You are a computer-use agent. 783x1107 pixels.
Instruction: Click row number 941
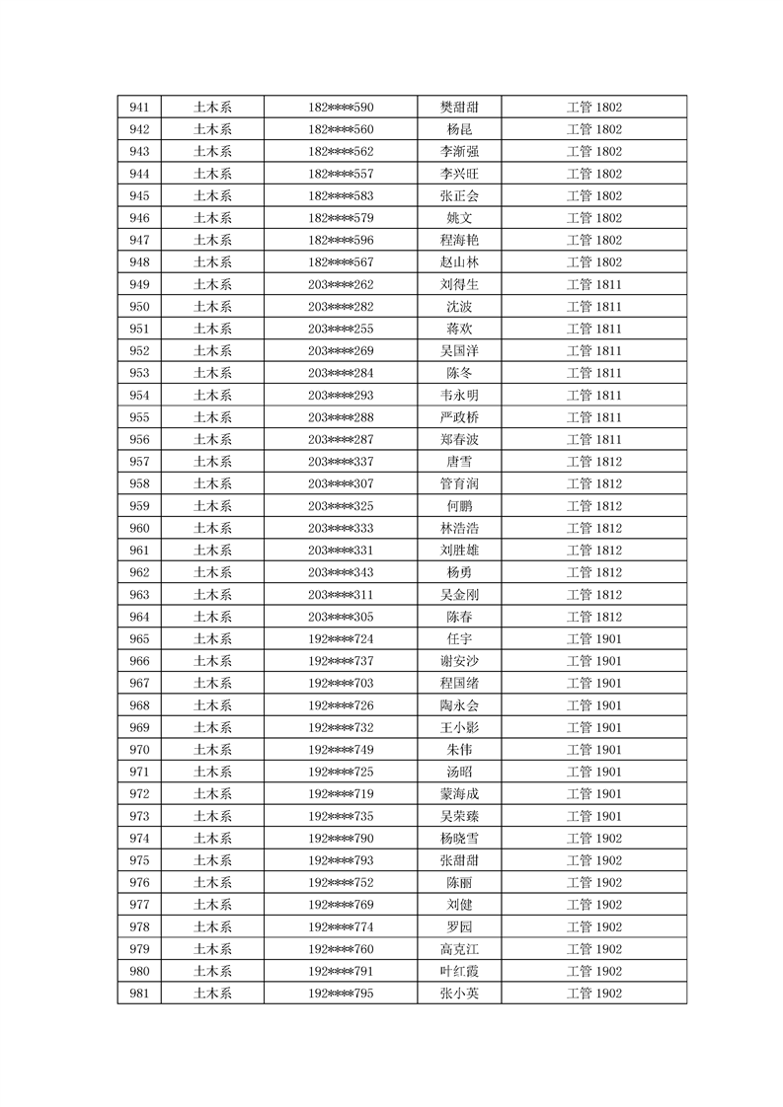[x=139, y=108]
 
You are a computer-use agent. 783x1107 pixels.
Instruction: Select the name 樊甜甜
[x=459, y=108]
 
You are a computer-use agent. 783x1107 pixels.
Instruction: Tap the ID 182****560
[x=341, y=129]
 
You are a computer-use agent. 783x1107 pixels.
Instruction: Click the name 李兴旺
[x=459, y=174]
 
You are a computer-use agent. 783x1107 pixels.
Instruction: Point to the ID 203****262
[x=341, y=284]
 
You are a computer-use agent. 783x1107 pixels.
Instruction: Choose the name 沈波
[x=459, y=307]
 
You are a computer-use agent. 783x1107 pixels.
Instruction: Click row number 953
[x=139, y=373]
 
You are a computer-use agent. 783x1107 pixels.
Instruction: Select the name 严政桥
[x=459, y=417]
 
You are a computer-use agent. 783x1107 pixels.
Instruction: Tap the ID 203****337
[x=341, y=462]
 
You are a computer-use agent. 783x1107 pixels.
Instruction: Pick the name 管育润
[x=459, y=483]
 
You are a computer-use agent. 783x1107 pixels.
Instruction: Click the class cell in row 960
[x=593, y=528]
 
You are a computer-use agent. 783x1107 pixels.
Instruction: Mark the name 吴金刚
[x=459, y=595]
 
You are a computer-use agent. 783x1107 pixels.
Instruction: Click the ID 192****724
[x=341, y=639]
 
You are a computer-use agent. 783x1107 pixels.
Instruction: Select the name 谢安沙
[x=459, y=661]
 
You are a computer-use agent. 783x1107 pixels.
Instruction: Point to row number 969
[x=139, y=727]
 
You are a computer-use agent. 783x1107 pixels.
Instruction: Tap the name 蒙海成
[x=459, y=794]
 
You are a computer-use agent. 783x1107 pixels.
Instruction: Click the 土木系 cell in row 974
[x=212, y=839]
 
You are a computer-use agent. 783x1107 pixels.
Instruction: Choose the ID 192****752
[x=341, y=883]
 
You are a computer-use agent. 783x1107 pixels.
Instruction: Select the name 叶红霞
[x=459, y=971]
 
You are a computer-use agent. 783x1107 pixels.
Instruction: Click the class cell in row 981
[x=593, y=994]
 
